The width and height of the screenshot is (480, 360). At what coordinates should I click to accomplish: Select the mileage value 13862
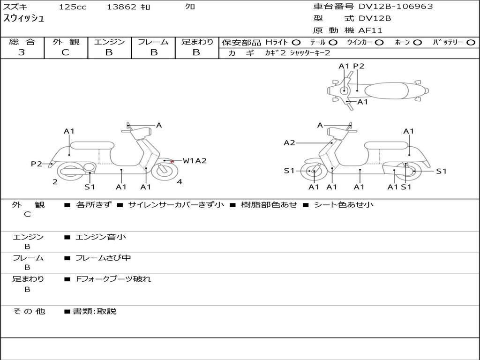121,7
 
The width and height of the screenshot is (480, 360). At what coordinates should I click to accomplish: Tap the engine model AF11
370,31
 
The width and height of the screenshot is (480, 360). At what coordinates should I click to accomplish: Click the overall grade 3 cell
22,52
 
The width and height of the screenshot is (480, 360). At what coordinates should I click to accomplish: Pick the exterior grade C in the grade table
66,52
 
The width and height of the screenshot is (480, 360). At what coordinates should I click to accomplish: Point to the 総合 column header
22,42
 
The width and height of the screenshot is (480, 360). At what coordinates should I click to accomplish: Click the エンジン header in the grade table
109,42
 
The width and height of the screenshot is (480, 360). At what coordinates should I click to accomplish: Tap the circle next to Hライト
296,42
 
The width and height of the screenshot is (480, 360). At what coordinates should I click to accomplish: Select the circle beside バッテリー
471,42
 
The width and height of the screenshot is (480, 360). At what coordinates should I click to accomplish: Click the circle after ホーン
417,42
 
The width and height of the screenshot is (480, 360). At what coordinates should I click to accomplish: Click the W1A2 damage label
195,161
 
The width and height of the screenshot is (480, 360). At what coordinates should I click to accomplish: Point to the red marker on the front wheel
172,162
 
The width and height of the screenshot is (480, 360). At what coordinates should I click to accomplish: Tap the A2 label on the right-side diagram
289,143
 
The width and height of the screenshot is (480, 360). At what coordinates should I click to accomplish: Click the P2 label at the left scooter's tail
37,164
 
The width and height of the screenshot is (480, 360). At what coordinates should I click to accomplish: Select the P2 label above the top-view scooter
359,66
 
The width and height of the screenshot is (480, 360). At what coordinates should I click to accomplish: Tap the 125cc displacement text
72,7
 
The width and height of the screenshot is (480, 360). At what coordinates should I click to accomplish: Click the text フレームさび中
103,258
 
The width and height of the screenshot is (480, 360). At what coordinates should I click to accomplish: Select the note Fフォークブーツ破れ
113,279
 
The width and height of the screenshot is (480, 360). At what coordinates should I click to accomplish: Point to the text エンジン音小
101,237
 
